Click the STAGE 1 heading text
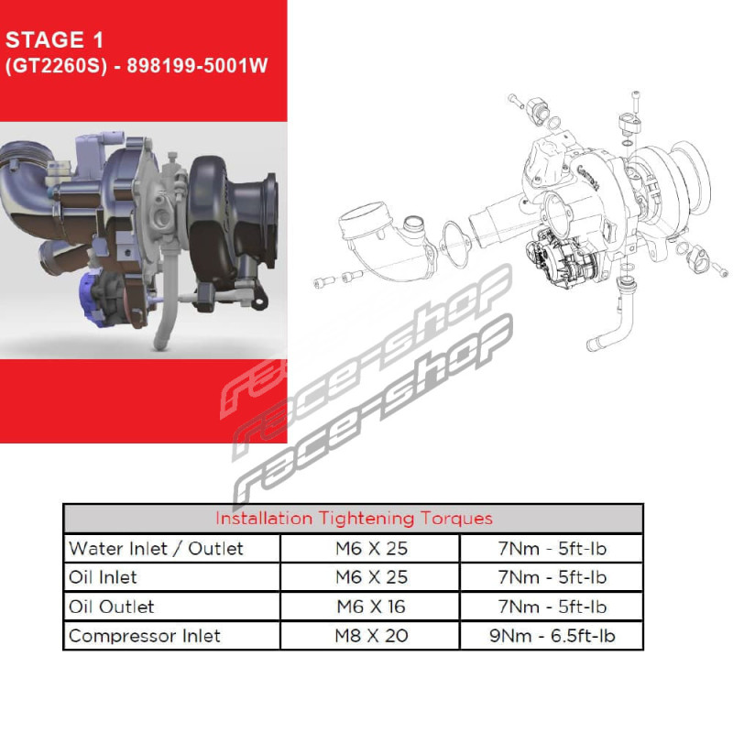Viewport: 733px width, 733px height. coord(54,39)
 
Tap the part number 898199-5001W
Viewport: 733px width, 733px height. coord(197,65)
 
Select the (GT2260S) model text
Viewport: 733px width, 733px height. coord(56,66)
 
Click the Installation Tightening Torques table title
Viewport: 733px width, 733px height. coord(354,519)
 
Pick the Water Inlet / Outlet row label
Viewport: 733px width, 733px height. coord(156,548)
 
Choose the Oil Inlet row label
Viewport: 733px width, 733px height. coord(103,577)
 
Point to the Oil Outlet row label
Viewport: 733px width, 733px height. coord(111,607)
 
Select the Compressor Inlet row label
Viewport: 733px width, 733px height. coord(145,636)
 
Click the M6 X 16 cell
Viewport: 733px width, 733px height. coord(371,607)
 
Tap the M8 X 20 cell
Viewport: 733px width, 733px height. coord(372,636)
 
